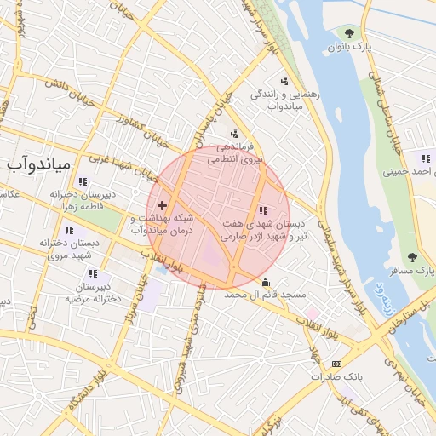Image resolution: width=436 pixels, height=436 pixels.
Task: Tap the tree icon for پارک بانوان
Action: coord(349,32)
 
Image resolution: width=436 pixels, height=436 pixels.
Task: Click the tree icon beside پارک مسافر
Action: coord(413,257)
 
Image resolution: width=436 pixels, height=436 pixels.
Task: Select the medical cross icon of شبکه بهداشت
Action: coord(162,205)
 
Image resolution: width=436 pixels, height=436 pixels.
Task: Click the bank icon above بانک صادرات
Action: coord(336,364)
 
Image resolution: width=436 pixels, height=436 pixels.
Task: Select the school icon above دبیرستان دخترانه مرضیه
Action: coord(93,274)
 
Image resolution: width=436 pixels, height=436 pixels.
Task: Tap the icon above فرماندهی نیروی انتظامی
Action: coord(234,134)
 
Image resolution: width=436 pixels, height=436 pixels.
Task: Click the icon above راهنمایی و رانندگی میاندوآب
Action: coord(284,82)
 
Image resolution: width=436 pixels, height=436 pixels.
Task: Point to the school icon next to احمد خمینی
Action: coord(424,158)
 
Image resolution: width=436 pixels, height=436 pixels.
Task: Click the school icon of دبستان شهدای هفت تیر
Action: coord(262,210)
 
